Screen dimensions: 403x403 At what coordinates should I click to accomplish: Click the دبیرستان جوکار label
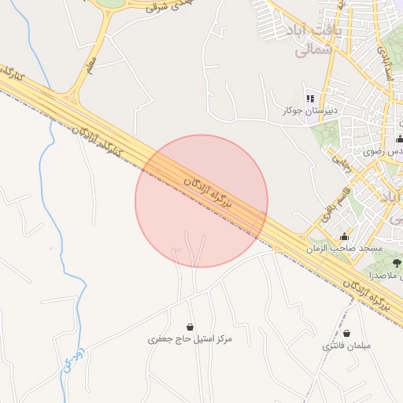pyautogui.click(x=310, y=112)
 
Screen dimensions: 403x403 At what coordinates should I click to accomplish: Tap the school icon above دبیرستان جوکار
pyautogui.click(x=310, y=98)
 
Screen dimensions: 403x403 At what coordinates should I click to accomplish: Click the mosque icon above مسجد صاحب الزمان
pyautogui.click(x=344, y=236)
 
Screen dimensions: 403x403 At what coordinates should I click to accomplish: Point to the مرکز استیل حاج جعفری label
pyautogui.click(x=190, y=338)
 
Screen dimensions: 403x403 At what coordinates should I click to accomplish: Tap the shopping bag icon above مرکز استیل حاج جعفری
pyautogui.click(x=190, y=326)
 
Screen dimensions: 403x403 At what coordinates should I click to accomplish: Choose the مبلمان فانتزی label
pyautogui.click(x=346, y=346)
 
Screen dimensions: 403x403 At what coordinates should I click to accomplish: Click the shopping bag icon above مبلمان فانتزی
pyautogui.click(x=346, y=334)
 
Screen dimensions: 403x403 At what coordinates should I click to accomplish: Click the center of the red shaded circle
pyautogui.click(x=201, y=201)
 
